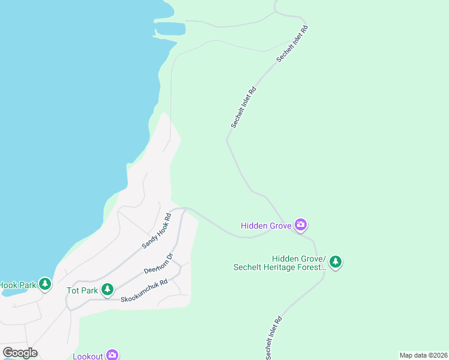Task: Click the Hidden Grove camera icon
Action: (301, 225)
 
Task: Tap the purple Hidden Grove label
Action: (266, 226)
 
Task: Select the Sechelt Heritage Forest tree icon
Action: (336, 262)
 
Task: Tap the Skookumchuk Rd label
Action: (144, 290)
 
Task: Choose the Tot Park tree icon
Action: (107, 290)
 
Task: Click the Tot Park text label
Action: (81, 290)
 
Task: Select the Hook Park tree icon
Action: (44, 284)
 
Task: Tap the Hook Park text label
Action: (17, 285)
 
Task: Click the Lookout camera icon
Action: (112, 355)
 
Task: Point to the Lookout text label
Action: (88, 356)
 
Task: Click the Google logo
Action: (20, 353)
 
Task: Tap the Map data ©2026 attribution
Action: (423, 355)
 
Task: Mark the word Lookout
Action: (88, 356)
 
